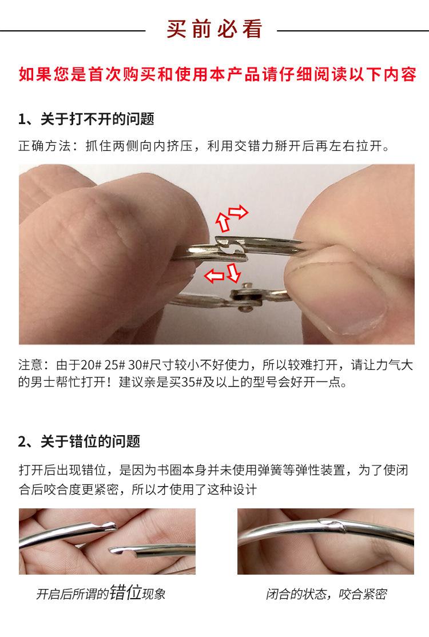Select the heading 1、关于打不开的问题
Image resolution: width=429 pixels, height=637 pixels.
point(86,120)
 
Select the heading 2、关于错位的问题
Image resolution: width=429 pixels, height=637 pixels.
point(79,441)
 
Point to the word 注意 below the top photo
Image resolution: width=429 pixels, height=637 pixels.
point(30,364)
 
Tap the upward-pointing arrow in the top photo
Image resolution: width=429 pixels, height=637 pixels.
point(222,220)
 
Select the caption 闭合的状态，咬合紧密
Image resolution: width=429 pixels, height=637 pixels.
point(325,594)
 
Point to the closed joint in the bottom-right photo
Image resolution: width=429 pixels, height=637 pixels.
point(328,524)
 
